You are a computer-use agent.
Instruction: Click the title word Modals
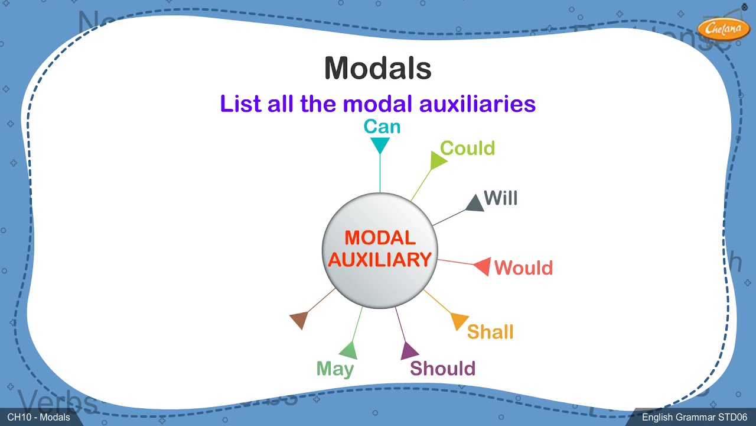(x=377, y=68)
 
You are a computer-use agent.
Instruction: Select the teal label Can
(x=382, y=126)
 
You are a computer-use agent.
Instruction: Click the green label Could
(x=467, y=148)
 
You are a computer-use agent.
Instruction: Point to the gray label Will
(x=500, y=198)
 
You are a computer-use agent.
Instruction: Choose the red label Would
(x=523, y=268)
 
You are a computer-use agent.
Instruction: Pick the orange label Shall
(x=490, y=332)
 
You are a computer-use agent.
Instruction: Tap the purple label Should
(x=442, y=369)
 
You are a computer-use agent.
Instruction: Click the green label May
(x=335, y=369)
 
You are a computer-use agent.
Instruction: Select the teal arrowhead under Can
(x=380, y=144)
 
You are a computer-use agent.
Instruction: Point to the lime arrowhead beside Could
(x=438, y=160)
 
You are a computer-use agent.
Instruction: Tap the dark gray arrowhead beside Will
(x=475, y=204)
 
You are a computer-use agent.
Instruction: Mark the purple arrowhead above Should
(x=408, y=351)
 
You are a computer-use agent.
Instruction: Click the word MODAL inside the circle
(x=380, y=238)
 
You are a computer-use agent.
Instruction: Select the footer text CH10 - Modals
(x=38, y=418)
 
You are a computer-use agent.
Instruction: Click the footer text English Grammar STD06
(x=695, y=418)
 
